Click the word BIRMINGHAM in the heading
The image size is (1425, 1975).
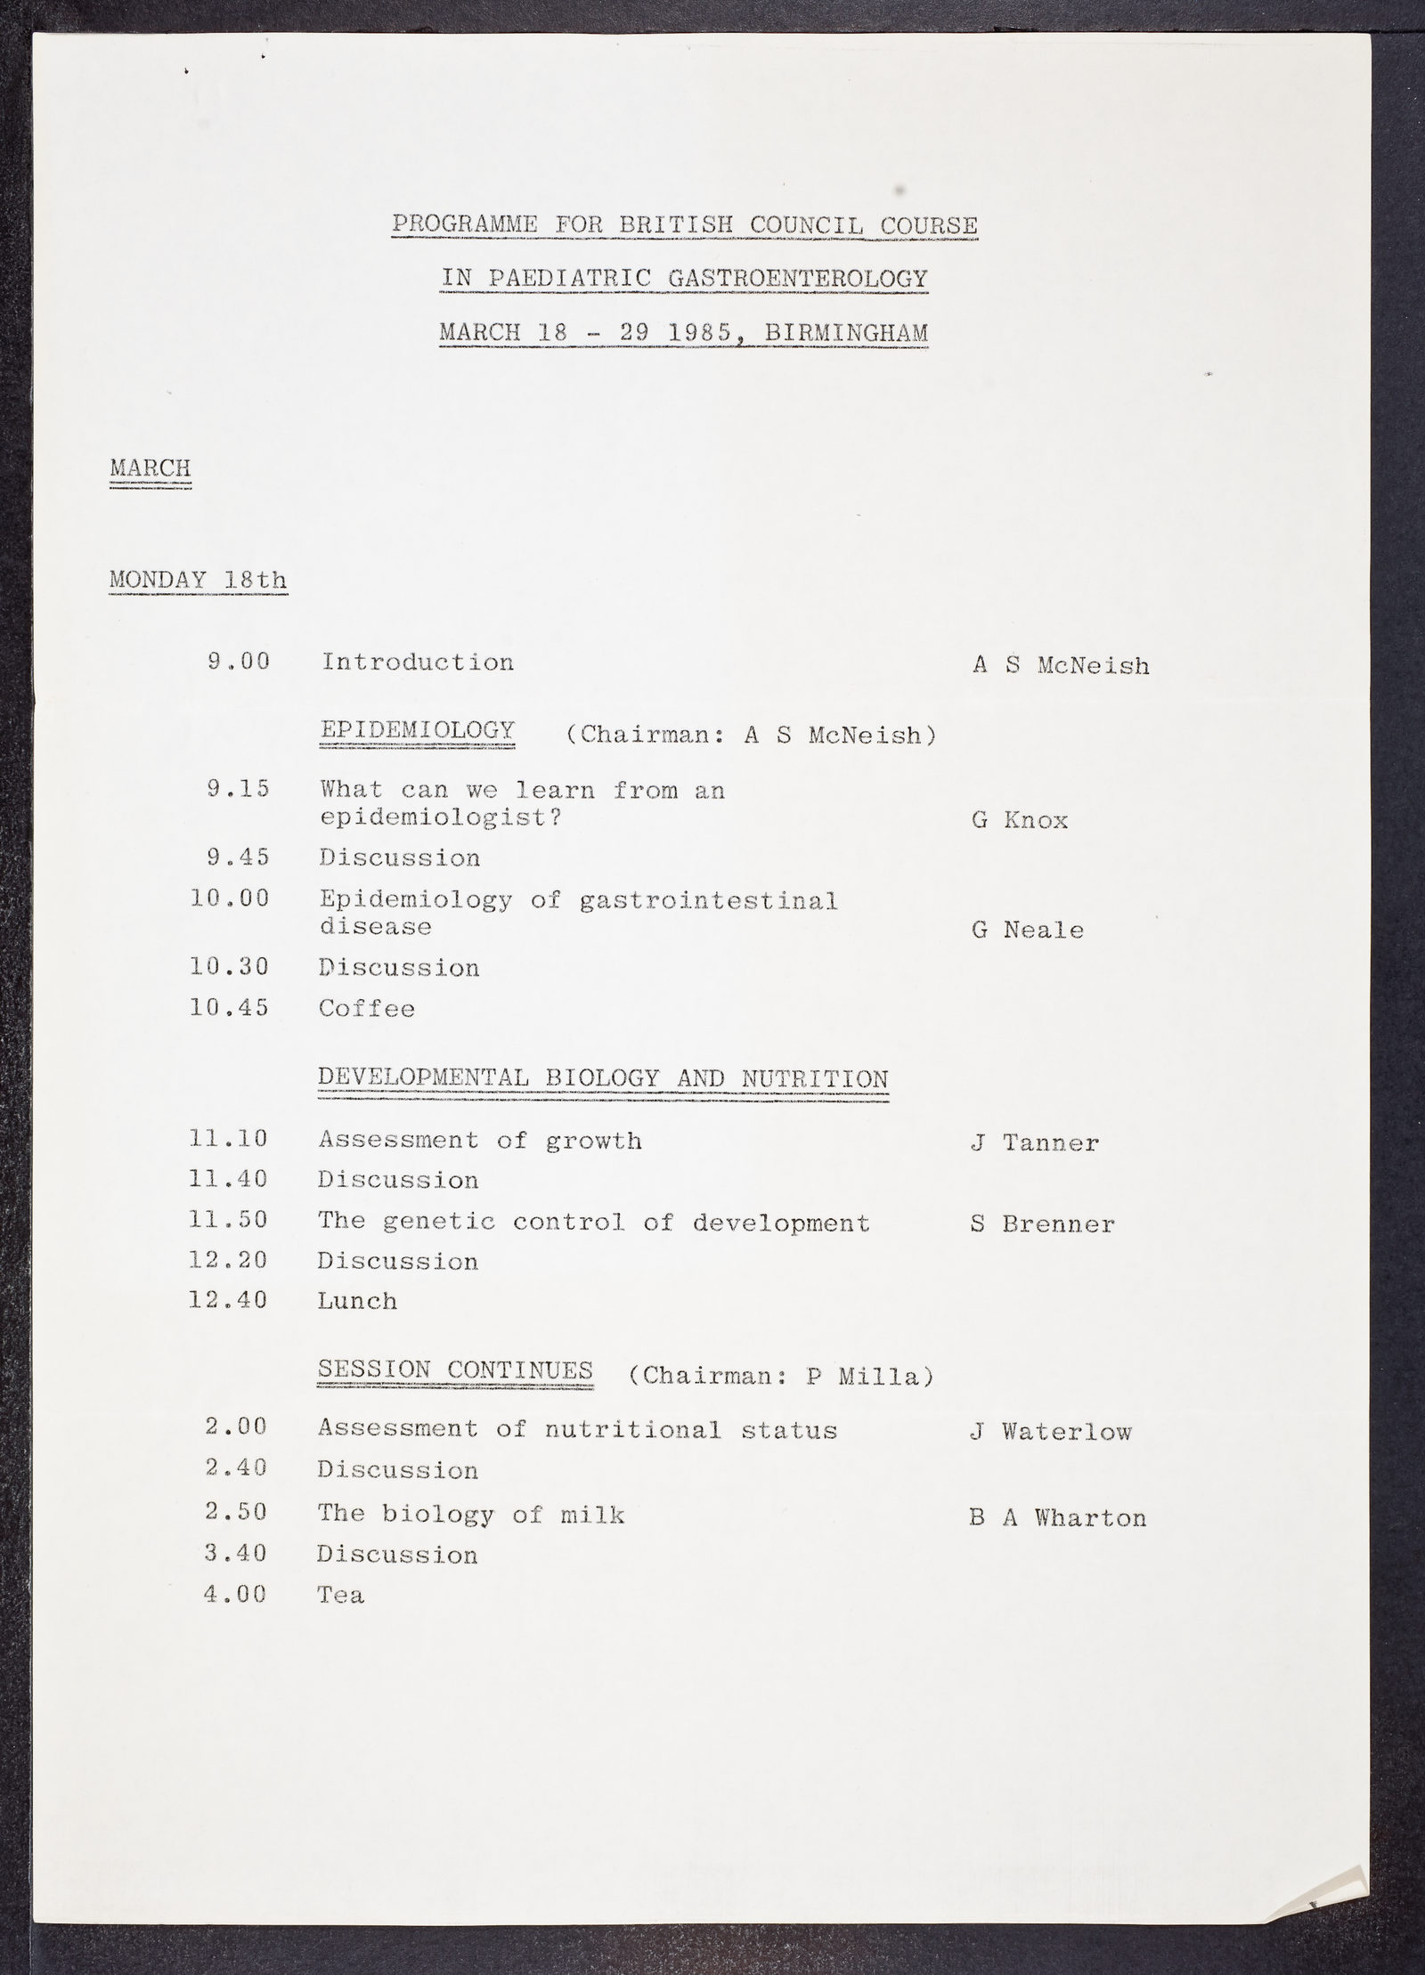coord(845,333)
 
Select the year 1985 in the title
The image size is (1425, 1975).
coord(698,333)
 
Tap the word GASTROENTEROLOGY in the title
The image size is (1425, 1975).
coord(798,279)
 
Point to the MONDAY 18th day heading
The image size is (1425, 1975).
coord(198,581)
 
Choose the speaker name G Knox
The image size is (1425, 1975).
coord(1020,820)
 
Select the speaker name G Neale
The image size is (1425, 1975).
coord(1028,931)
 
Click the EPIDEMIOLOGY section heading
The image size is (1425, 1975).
coord(417,731)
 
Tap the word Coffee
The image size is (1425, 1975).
coord(367,1009)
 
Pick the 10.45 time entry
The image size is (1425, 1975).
coord(230,1008)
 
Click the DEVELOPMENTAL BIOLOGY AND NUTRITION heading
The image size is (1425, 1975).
coord(603,1078)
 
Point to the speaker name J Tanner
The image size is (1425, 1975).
coord(1035,1143)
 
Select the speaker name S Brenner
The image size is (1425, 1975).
coord(1042,1224)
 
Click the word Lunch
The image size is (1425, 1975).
coord(357,1301)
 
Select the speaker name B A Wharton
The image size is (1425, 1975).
coord(1058,1518)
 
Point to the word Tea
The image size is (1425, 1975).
coord(341,1595)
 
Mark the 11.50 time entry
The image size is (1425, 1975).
coord(229,1220)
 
